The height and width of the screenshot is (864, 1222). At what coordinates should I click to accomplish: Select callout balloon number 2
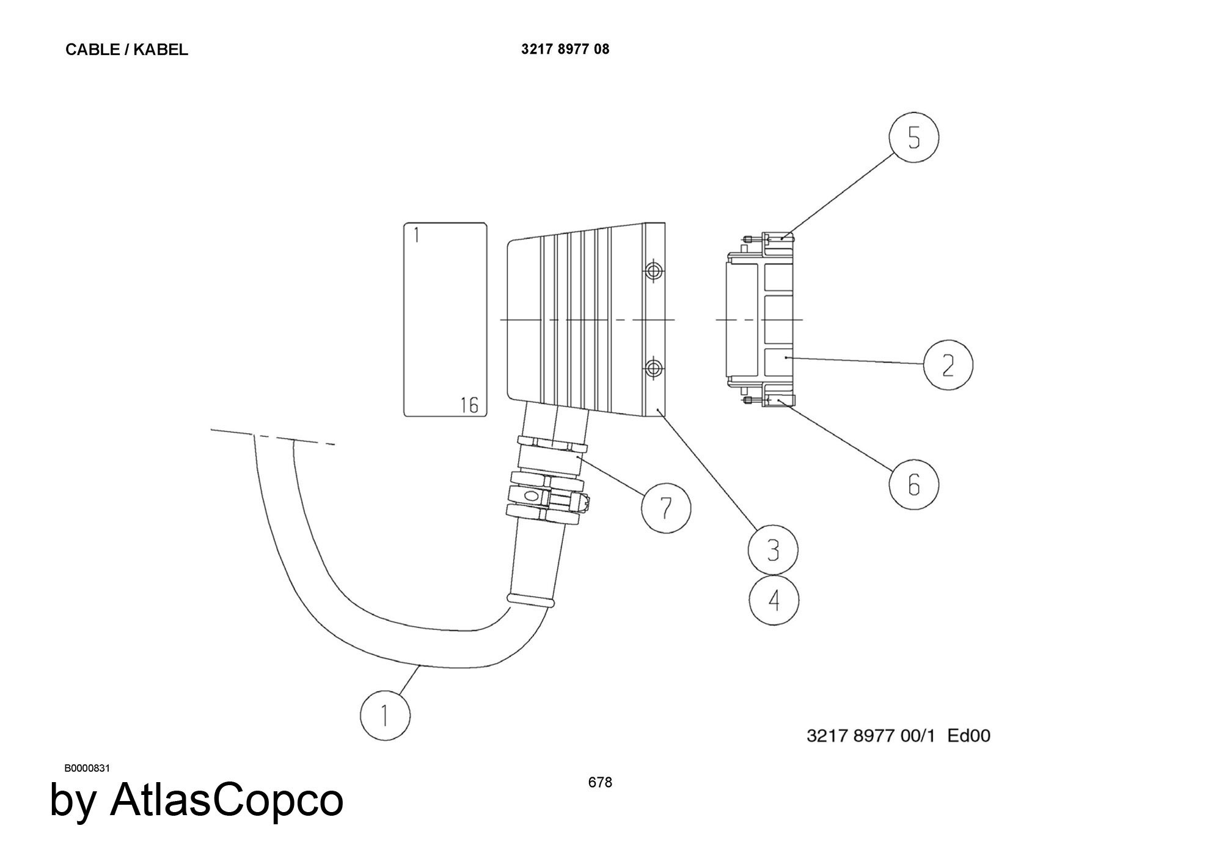[x=948, y=365]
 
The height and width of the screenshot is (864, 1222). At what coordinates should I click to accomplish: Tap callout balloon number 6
[x=913, y=484]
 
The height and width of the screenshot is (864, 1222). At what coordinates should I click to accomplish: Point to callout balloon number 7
[x=666, y=507]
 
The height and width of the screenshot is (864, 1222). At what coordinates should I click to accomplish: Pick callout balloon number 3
[x=773, y=549]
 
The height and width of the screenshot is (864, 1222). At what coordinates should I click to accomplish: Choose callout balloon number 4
[x=774, y=600]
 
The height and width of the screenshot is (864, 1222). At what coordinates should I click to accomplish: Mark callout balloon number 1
[x=385, y=715]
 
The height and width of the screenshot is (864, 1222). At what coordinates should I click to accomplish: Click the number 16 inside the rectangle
[x=469, y=405]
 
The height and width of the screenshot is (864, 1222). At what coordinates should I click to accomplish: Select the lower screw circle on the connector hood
[x=654, y=368]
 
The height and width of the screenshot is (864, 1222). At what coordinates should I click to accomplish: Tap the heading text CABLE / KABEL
[x=126, y=50]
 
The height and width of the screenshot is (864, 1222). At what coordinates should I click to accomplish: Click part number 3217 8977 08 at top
[x=565, y=49]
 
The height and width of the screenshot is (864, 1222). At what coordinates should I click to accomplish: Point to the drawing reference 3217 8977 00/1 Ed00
[x=898, y=735]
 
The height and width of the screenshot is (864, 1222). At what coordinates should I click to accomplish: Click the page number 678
[x=600, y=782]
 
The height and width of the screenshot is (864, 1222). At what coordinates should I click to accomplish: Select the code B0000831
[x=87, y=768]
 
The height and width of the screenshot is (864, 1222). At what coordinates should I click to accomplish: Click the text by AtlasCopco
[x=196, y=800]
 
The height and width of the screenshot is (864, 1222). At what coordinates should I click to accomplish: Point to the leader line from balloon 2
[x=854, y=361]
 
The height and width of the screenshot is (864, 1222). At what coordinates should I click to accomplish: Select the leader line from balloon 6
[x=834, y=435]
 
